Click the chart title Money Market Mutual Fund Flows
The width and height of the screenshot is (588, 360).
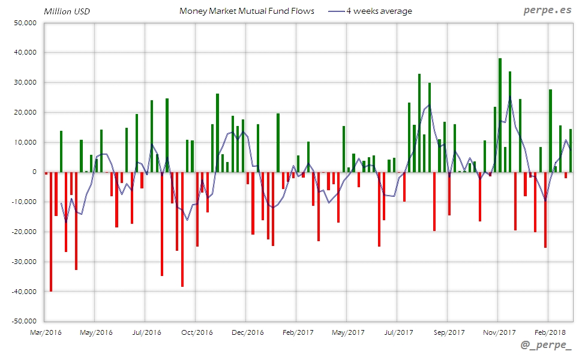(247, 11)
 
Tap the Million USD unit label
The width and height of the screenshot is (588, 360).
(67, 11)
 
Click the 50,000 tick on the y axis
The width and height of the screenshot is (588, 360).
(25, 23)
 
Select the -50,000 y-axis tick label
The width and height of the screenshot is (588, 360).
(24, 321)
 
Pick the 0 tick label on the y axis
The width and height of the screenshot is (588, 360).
(35, 172)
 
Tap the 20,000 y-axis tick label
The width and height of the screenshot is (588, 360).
(25, 112)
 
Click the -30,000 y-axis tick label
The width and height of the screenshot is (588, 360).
(24, 262)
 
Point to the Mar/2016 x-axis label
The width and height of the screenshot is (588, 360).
(45, 332)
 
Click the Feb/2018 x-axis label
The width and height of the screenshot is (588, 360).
(549, 332)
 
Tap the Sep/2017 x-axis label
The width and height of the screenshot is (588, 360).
(448, 332)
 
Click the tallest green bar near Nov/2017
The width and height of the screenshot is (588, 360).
(500, 114)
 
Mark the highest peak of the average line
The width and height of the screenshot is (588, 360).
(510, 98)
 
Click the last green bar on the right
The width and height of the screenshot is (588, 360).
(571, 150)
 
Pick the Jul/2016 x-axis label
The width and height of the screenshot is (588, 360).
(146, 332)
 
